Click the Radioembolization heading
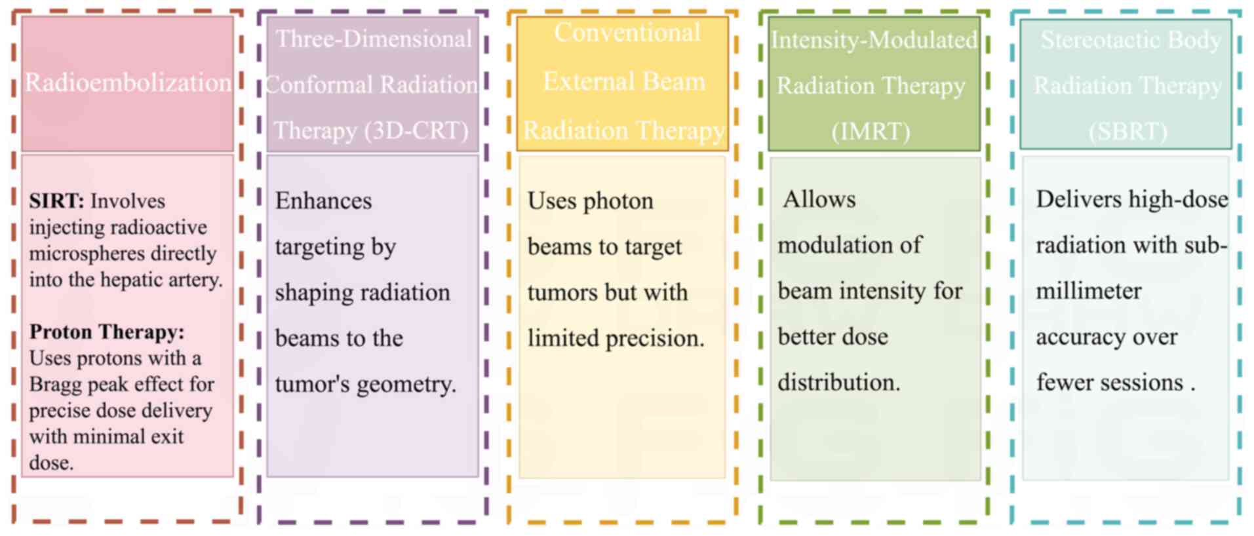(x=128, y=83)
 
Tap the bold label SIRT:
(x=56, y=201)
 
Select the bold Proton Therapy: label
(x=107, y=332)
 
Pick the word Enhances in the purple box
(x=323, y=201)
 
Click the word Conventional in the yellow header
(x=627, y=33)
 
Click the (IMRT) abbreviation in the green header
(x=871, y=131)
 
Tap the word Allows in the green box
(x=819, y=199)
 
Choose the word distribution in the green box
(x=838, y=383)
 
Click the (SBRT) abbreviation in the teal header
(x=1127, y=131)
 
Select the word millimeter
(x=1088, y=291)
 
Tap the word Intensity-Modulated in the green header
(x=874, y=40)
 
